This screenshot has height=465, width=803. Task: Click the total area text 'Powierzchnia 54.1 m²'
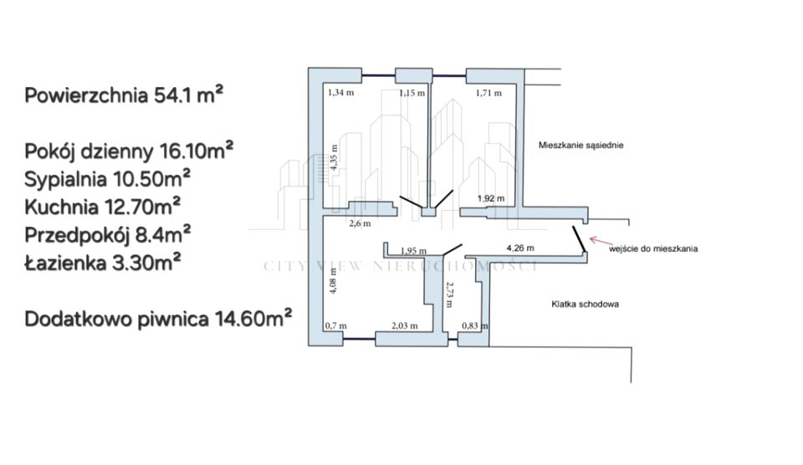coord(124,95)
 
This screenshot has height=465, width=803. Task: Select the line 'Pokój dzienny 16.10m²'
coord(129,151)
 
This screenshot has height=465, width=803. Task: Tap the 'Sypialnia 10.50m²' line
coord(108,179)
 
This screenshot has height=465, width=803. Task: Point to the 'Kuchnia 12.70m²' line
coord(102,207)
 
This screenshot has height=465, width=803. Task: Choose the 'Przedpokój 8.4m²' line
coord(108,234)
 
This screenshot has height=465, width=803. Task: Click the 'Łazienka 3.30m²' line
coord(102,263)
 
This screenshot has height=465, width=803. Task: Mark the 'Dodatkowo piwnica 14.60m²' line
coord(158,319)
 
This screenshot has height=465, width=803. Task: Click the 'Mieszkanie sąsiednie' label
coord(581,146)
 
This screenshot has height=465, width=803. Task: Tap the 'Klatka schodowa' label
coord(585,304)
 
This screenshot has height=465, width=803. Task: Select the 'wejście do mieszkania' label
coord(653,249)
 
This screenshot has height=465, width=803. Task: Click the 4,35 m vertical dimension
coord(334,157)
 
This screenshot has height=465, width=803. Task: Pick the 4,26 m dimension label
coord(520,248)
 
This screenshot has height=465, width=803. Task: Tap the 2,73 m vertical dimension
coord(449,294)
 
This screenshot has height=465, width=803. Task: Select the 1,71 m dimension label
coord(488,93)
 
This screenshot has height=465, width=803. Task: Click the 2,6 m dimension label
coord(360,224)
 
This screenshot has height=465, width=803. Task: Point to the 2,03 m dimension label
coord(405,325)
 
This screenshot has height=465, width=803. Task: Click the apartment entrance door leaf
coord(579,239)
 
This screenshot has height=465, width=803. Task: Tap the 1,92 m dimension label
coord(491,199)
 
